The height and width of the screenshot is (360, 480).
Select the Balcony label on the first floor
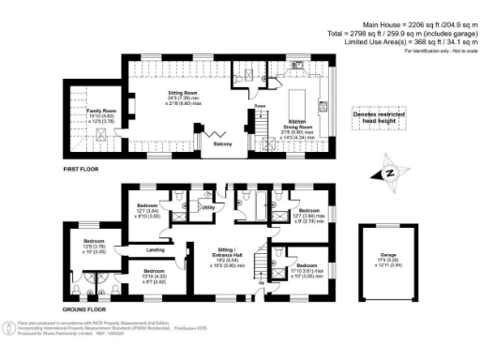point(222,145)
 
